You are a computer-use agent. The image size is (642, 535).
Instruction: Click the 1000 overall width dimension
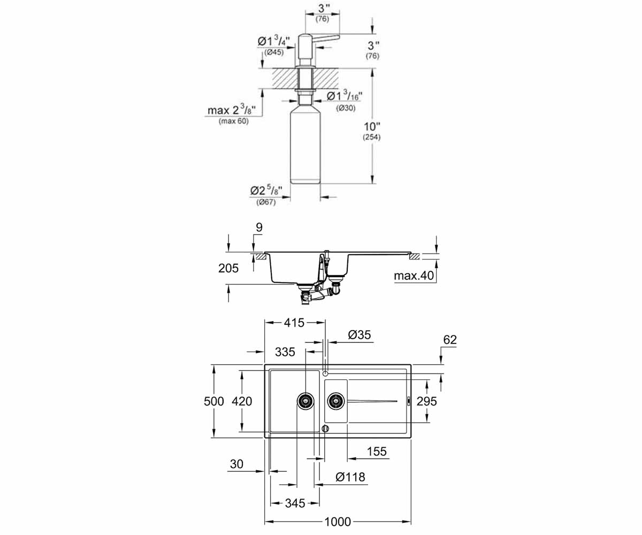[x=338, y=522]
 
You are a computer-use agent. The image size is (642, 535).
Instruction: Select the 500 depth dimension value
[x=214, y=401]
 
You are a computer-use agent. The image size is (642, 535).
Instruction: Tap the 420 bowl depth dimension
[x=242, y=401]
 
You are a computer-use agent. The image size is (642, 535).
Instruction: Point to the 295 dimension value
[x=427, y=401]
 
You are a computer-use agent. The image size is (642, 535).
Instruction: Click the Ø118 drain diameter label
[x=350, y=477]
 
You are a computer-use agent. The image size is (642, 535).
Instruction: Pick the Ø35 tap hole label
[x=360, y=334]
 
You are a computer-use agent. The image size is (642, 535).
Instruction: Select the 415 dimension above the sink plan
[x=294, y=323]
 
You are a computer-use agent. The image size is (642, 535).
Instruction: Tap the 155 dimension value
[x=377, y=452]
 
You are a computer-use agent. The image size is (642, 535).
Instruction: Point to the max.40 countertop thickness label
[x=414, y=276]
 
